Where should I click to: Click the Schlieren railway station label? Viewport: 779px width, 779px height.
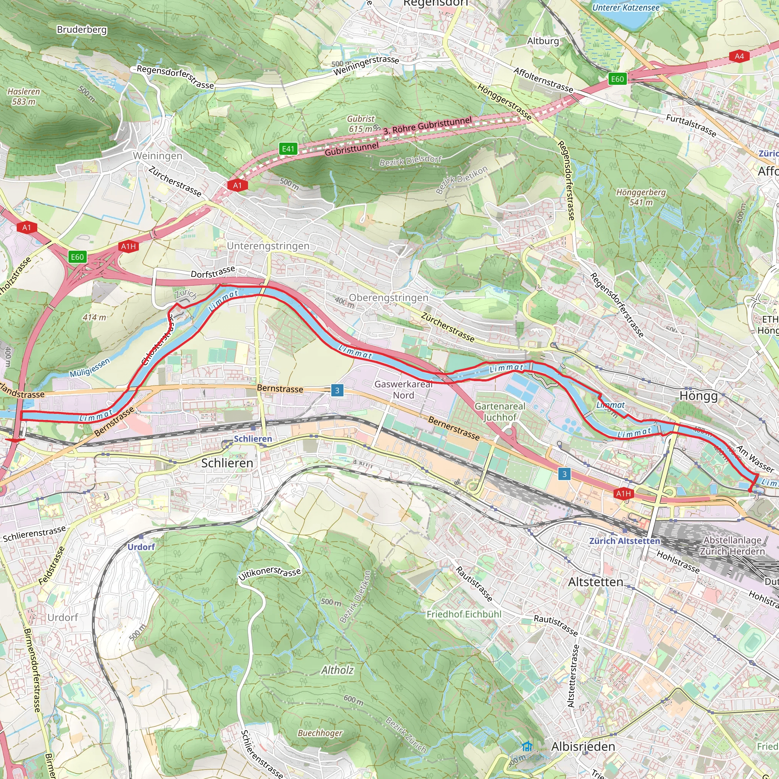253,438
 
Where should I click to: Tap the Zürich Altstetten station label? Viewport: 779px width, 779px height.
625,541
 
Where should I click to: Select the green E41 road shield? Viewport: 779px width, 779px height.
288,149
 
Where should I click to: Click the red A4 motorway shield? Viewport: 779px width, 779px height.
739,56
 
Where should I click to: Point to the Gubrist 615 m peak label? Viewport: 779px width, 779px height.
361,124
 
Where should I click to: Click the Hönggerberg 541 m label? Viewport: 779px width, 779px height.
641,197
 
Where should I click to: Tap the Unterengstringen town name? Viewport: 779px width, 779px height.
268,246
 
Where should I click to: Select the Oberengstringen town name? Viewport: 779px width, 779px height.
388,297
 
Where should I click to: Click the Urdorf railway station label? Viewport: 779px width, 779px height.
141,547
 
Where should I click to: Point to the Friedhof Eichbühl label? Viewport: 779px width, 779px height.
464,614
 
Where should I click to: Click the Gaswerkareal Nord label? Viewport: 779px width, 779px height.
403,389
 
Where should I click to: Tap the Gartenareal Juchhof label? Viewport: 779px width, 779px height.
500,412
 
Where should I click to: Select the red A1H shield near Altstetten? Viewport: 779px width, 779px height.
623,493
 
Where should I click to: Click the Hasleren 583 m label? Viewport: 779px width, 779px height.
24,97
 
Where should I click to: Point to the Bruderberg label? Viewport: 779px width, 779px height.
82,29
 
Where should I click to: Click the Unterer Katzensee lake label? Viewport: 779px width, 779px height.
626,7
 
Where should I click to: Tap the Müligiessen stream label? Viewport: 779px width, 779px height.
89,368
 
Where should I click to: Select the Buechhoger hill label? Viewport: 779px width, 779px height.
320,733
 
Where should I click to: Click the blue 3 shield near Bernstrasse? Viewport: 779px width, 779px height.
337,390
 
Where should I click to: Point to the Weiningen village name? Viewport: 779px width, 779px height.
157,156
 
